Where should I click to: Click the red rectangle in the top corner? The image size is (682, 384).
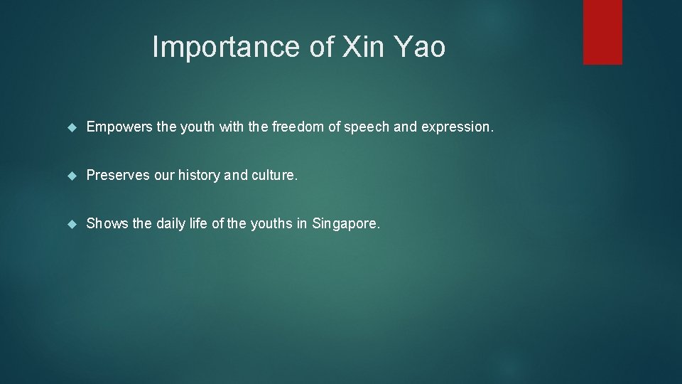click(x=602, y=32)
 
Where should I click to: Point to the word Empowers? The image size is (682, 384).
click(x=119, y=128)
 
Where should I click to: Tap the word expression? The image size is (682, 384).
click(x=457, y=128)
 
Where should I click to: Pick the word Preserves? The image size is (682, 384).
click(x=118, y=176)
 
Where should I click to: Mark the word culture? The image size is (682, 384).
click(x=275, y=176)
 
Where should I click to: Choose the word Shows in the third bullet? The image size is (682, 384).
click(x=107, y=224)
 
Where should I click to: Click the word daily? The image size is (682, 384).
click(x=170, y=224)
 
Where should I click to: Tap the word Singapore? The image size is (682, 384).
click(x=346, y=224)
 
